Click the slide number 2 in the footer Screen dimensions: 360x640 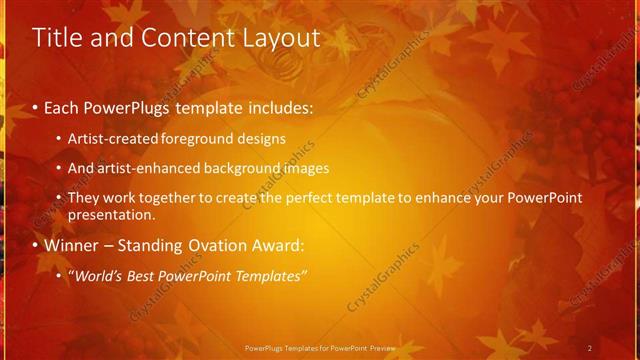(x=590, y=347)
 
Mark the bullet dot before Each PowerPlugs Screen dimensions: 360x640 (x=36, y=106)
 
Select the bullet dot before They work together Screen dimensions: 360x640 (x=60, y=199)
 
